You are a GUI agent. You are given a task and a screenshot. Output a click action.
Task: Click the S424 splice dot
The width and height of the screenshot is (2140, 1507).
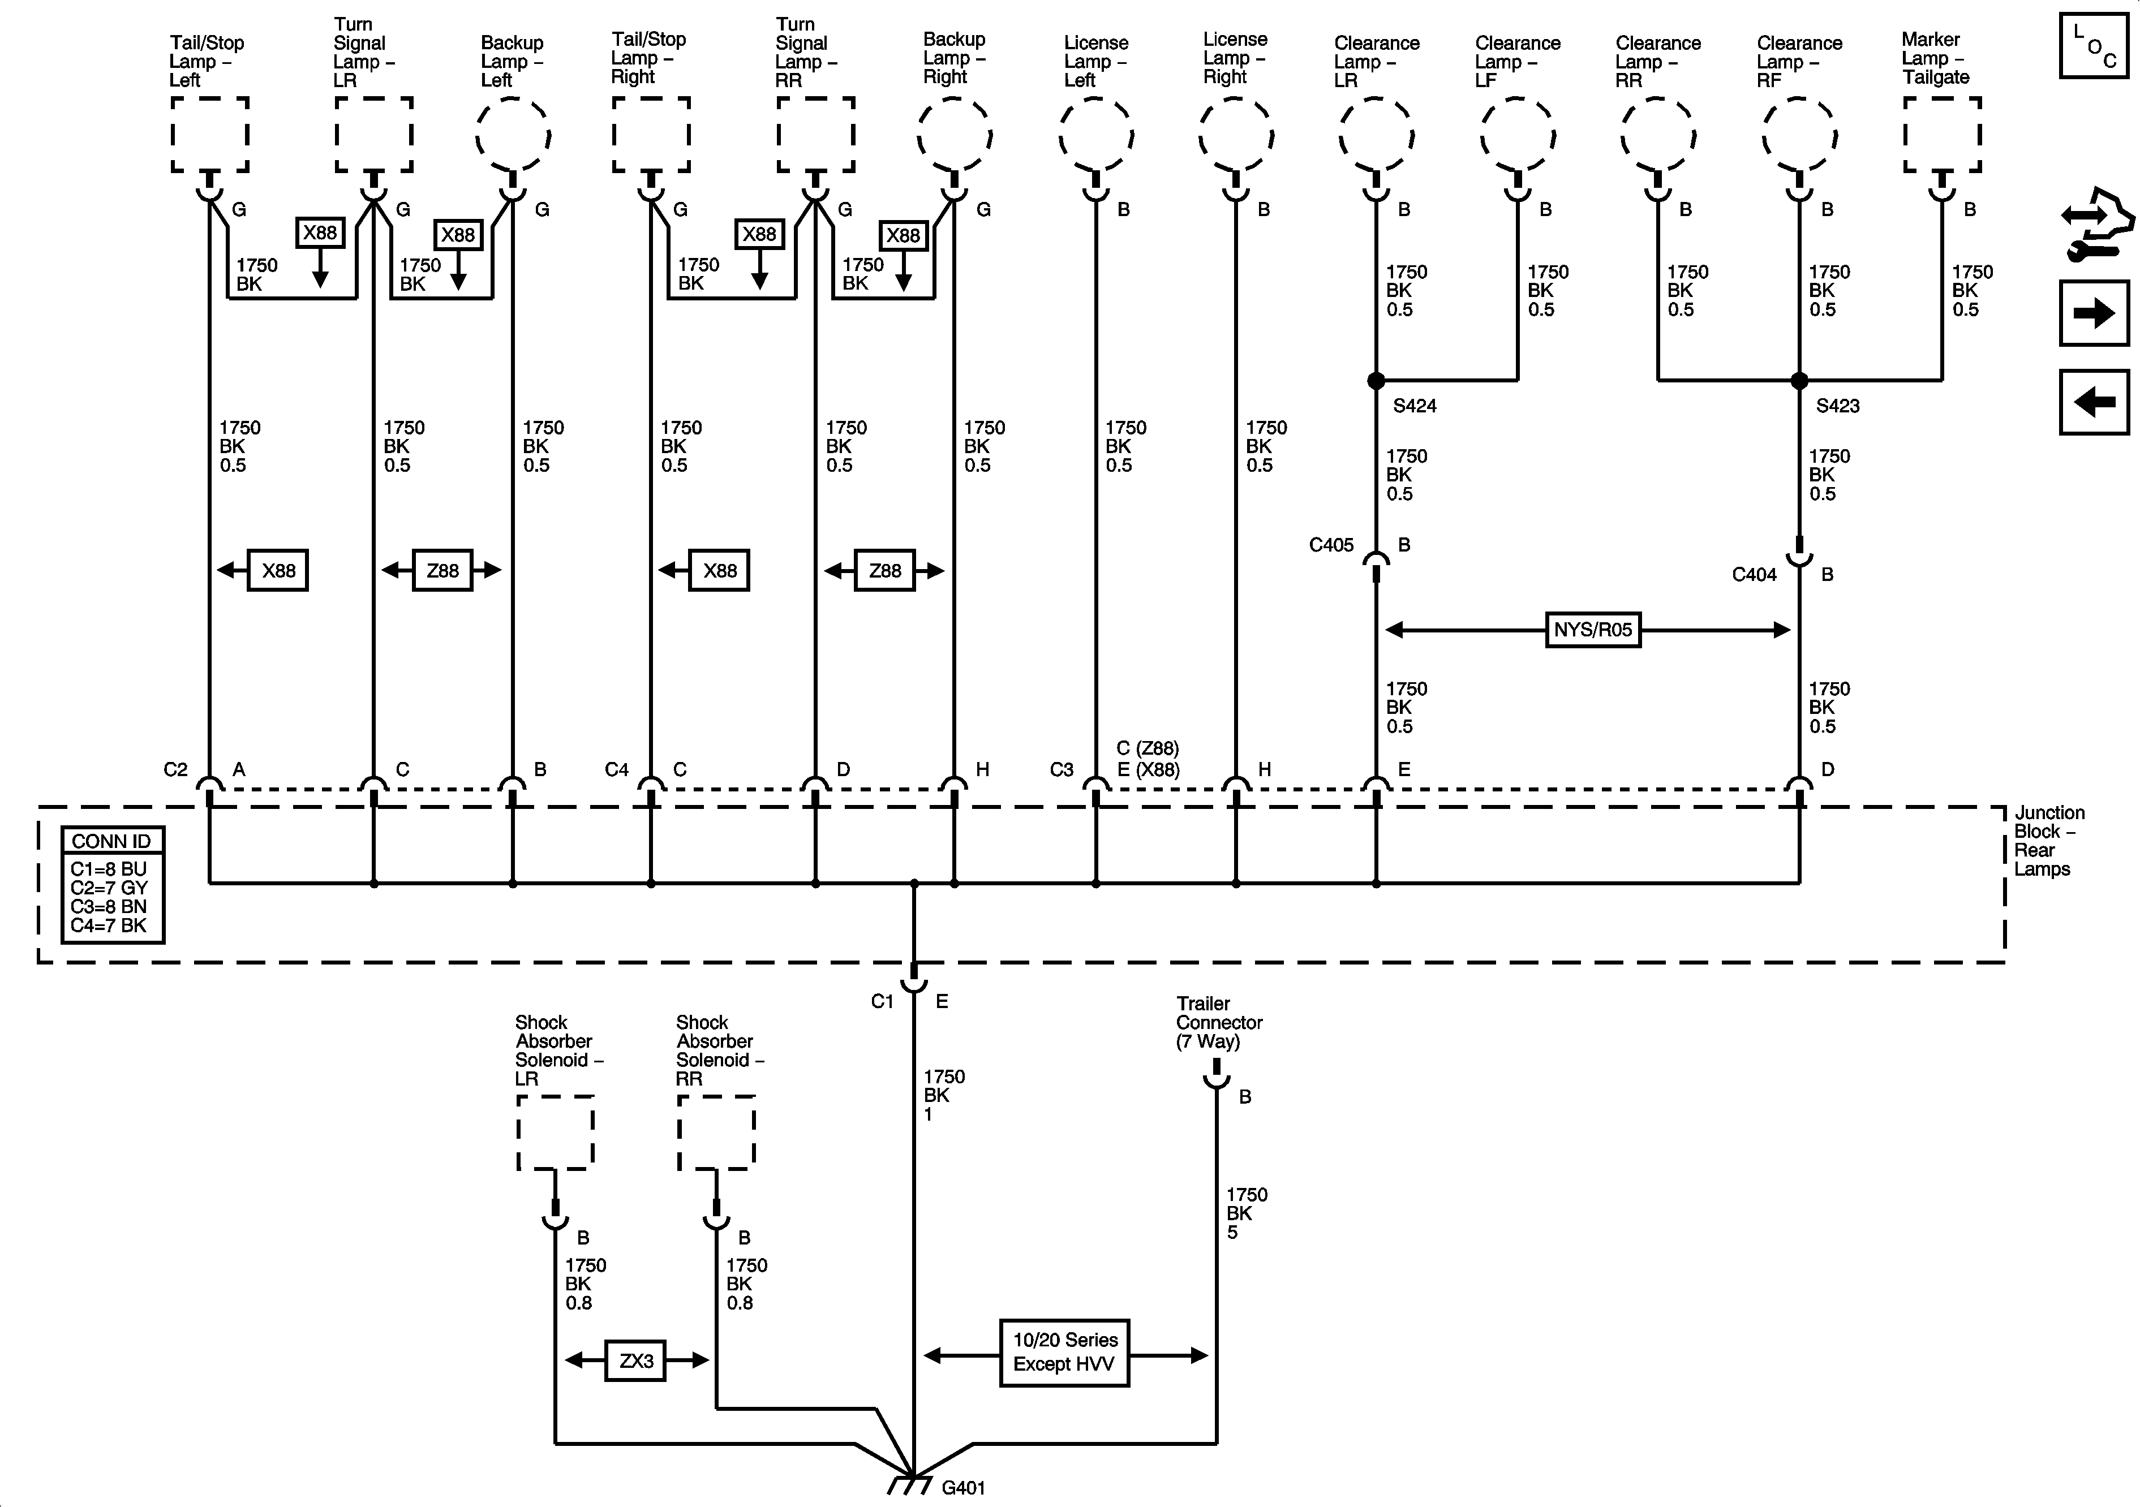click(1376, 380)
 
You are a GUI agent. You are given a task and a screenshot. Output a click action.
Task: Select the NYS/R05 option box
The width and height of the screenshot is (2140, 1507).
click(1593, 630)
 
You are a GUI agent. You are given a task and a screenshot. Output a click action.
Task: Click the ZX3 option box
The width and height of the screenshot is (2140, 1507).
click(635, 1360)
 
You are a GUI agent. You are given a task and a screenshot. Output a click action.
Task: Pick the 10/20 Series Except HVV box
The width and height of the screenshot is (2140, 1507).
click(1064, 1353)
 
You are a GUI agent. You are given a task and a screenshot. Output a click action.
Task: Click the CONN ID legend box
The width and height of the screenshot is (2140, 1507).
click(112, 884)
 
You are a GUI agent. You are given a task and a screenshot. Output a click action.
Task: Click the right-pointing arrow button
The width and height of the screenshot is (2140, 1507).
click(2094, 313)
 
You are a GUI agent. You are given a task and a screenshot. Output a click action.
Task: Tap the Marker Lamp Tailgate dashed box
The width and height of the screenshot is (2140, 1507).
click(1941, 135)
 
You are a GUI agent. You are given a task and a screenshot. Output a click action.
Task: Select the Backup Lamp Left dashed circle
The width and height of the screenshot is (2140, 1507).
click(513, 135)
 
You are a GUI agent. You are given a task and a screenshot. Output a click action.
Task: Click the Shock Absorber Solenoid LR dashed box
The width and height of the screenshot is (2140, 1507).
click(556, 1133)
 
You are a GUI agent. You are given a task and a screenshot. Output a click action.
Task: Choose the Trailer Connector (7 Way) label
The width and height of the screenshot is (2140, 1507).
click(1218, 1022)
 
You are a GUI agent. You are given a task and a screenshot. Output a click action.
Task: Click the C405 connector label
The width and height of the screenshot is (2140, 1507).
click(1331, 545)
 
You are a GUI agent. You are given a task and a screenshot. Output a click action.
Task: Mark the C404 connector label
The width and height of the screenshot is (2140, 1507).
click(1754, 575)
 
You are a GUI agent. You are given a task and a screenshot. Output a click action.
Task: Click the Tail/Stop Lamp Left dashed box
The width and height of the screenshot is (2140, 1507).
click(210, 135)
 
